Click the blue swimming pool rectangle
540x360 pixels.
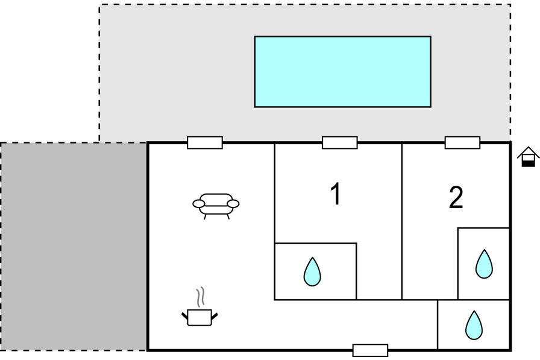tap(342, 72)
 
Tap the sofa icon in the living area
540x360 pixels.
tap(216, 204)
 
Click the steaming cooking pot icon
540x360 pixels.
tap(199, 316)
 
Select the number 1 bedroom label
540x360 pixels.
tap(336, 194)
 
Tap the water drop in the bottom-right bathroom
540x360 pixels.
tap(474, 325)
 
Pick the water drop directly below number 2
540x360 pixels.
tap(484, 264)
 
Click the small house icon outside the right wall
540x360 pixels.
tap(529, 156)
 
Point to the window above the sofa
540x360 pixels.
tap(205, 143)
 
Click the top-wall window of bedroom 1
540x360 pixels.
tap(340, 143)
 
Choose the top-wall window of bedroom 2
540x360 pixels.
tap(463, 143)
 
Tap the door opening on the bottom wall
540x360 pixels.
tap(370, 350)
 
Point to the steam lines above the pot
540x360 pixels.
tap(201, 297)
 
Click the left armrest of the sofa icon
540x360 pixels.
tap(198, 204)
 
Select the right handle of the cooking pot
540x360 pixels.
tap(214, 314)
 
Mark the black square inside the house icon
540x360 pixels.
tap(529, 161)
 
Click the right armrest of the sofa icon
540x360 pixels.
tap(233, 204)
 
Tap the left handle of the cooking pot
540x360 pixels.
tap(184, 314)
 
